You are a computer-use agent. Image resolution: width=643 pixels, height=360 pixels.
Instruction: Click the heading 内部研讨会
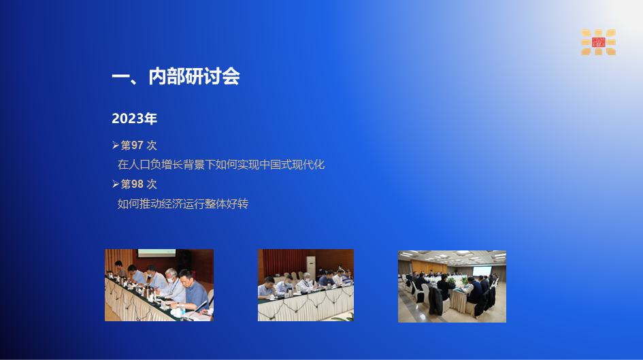[194, 76]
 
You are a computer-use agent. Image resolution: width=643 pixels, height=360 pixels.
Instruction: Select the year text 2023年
[135, 118]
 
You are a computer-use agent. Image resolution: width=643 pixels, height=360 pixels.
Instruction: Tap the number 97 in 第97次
[137, 145]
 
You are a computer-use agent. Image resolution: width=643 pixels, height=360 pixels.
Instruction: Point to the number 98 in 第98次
[137, 184]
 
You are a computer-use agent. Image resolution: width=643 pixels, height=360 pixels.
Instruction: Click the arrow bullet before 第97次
[115, 145]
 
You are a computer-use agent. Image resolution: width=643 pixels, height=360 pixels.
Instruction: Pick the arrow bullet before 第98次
[115, 184]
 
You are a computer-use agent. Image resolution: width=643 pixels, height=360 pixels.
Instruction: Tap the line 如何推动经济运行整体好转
[183, 203]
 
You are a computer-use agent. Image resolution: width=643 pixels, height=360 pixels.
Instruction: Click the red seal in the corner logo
[598, 42]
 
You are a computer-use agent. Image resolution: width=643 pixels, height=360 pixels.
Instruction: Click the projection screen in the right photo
[482, 271]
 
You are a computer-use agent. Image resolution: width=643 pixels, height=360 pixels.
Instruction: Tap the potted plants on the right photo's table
[456, 281]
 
